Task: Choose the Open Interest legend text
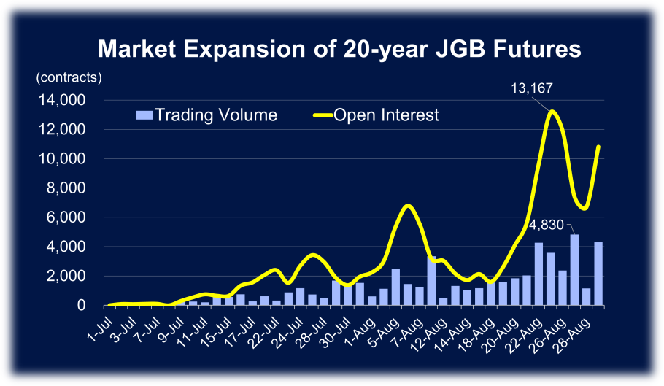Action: click(x=386, y=115)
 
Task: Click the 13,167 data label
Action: click(x=531, y=88)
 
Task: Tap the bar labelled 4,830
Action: click(x=575, y=270)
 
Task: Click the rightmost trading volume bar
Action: click(x=599, y=274)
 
